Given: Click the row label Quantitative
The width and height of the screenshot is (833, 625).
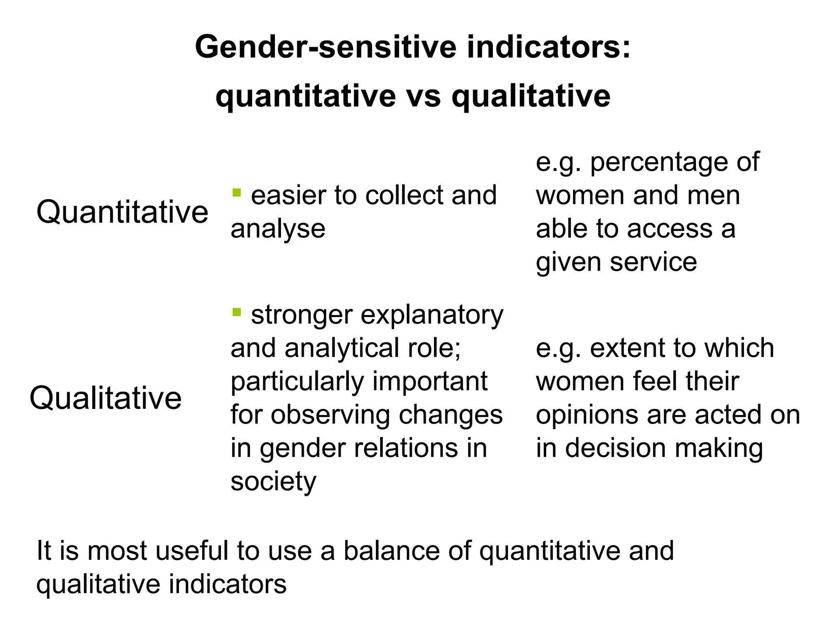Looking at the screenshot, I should coord(122,212).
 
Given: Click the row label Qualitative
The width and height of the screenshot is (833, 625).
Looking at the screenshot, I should coord(105,398).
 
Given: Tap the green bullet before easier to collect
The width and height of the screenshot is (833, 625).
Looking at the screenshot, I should coord(236,192).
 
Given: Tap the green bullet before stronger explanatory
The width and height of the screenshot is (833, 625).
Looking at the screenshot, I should coord(236,312).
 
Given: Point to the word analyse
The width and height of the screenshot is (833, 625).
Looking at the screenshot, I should coord(278,229).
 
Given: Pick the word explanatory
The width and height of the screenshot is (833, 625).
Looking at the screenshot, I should coord(432,315).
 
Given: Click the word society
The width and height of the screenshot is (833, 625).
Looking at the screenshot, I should coord(273,482).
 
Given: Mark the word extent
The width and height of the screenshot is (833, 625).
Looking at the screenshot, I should coord(625,349).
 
